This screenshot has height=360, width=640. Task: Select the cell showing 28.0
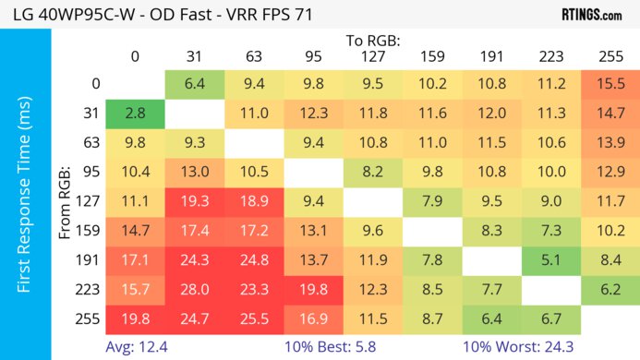pyautogui.click(x=194, y=289)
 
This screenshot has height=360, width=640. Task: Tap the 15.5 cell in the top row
pyautogui.click(x=610, y=84)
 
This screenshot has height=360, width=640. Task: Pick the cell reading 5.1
pyautogui.click(x=550, y=259)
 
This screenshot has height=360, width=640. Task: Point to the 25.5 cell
pyautogui.click(x=254, y=318)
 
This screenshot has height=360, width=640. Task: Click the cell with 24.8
pyautogui.click(x=254, y=259)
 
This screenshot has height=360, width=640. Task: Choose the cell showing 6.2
pyautogui.click(x=610, y=289)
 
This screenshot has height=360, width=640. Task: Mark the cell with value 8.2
pyautogui.click(x=372, y=172)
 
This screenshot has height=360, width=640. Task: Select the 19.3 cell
pyautogui.click(x=194, y=201)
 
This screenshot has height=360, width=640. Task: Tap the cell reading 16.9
pyautogui.click(x=313, y=318)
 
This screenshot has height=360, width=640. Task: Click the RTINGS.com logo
pyautogui.click(x=591, y=15)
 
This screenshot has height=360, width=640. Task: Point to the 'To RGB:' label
pyautogui.click(x=372, y=41)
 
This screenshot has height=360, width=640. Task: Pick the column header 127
pyautogui.click(x=372, y=56)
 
